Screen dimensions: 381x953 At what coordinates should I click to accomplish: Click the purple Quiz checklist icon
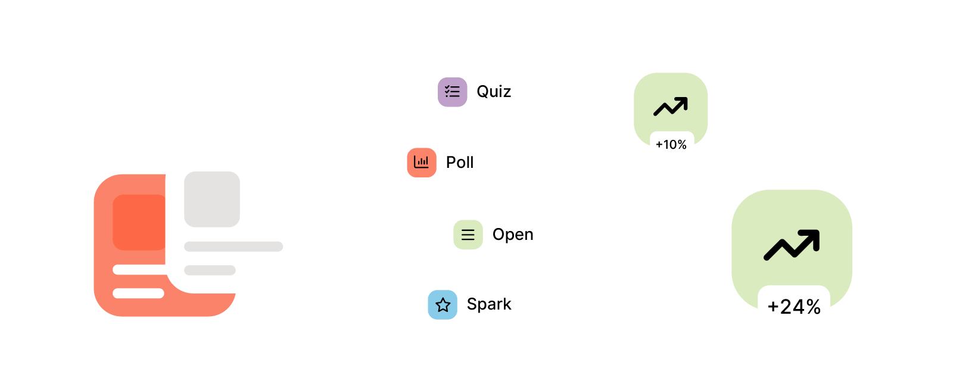pyautogui.click(x=452, y=92)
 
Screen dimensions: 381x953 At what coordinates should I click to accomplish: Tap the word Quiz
pyautogui.click(x=494, y=92)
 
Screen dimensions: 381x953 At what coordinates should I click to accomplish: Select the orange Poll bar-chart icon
pyautogui.click(x=422, y=163)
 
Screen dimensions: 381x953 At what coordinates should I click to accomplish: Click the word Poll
pyautogui.click(x=460, y=163)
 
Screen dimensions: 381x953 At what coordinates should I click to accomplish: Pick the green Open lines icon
pyautogui.click(x=468, y=235)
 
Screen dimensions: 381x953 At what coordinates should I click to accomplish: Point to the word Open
pyautogui.click(x=513, y=235)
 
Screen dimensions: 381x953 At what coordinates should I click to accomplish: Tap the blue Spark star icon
pyautogui.click(x=443, y=305)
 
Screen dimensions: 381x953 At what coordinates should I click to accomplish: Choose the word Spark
pyautogui.click(x=489, y=304)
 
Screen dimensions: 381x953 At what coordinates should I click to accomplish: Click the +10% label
pyautogui.click(x=671, y=145)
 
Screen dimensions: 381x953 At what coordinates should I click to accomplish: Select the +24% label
pyautogui.click(x=794, y=307)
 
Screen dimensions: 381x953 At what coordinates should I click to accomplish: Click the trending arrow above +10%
pyautogui.click(x=671, y=107)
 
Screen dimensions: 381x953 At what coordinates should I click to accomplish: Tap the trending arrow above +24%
pyautogui.click(x=792, y=245)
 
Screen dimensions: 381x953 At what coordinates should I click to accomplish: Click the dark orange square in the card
pyautogui.click(x=139, y=222)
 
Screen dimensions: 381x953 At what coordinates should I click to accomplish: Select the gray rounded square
pyautogui.click(x=212, y=199)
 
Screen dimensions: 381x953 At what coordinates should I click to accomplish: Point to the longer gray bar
pyautogui.click(x=233, y=246)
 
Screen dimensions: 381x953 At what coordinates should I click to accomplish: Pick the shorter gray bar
pyautogui.click(x=210, y=270)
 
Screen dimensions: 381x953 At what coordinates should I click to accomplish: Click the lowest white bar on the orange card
pyautogui.click(x=138, y=293)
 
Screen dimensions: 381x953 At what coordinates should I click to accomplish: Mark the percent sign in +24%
pyautogui.click(x=814, y=307)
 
